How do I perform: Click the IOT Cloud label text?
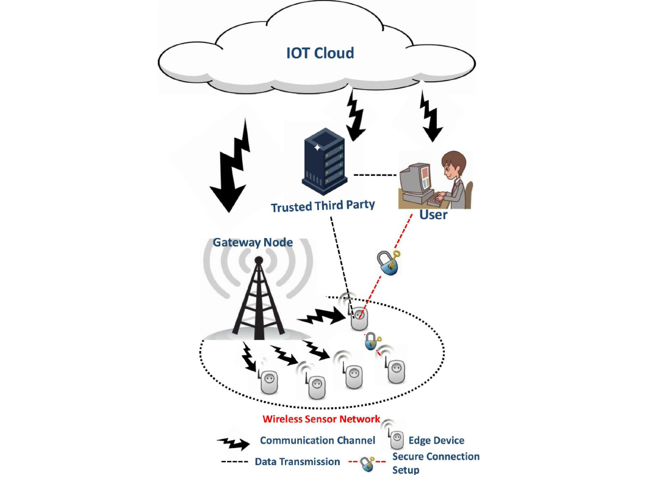tap(320, 53)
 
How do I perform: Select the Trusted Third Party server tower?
tap(325, 161)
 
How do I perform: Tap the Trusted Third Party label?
tap(323, 206)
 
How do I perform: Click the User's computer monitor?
tap(415, 181)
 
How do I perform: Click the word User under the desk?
tap(433, 215)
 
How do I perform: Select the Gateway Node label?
tap(253, 242)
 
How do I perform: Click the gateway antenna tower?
tap(259, 298)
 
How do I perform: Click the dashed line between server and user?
tap(375, 175)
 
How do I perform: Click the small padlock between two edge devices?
tap(373, 341)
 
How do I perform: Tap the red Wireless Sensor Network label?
tap(321, 419)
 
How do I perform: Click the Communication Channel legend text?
tap(317, 441)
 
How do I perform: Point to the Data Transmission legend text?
tap(297, 462)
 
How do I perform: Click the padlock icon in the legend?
tap(367, 464)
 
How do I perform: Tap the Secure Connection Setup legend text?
tap(436, 463)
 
